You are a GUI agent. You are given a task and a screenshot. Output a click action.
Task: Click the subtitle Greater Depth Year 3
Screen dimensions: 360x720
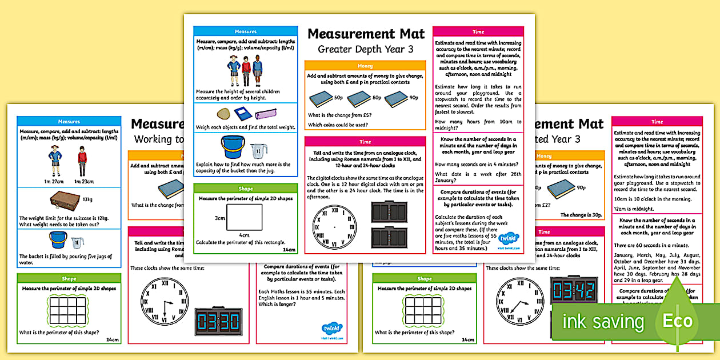[365, 49]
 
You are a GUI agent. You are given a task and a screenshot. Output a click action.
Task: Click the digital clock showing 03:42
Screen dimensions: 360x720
[573, 291]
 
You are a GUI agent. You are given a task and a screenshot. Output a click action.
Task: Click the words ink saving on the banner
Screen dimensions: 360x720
[603, 322]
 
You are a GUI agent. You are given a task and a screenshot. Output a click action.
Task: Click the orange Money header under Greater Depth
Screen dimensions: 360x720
[365, 66]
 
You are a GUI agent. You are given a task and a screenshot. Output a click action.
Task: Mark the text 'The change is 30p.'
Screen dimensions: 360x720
[581, 215]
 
